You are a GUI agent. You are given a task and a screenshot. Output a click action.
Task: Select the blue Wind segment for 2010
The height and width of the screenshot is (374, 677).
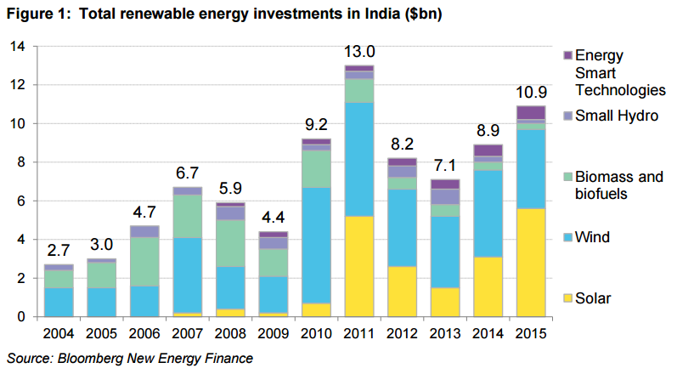click(315, 246)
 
